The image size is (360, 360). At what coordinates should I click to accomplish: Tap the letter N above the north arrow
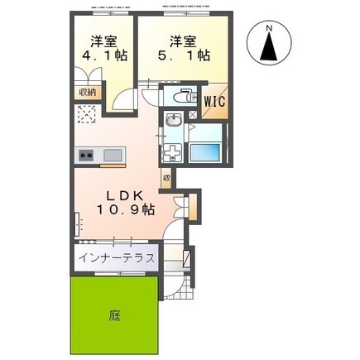pos(270,31)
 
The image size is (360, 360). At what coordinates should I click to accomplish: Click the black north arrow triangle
pos(270,50)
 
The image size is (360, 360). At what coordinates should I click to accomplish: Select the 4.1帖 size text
pos(103,55)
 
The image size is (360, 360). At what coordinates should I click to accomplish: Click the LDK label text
pos(125,195)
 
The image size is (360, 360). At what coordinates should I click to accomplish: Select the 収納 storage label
pos(87,92)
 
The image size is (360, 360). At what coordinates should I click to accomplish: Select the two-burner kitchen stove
pos(87,155)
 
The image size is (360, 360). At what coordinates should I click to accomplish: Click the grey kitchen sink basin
pos(113,155)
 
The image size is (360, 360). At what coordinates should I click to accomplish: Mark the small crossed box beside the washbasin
pos(191,129)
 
